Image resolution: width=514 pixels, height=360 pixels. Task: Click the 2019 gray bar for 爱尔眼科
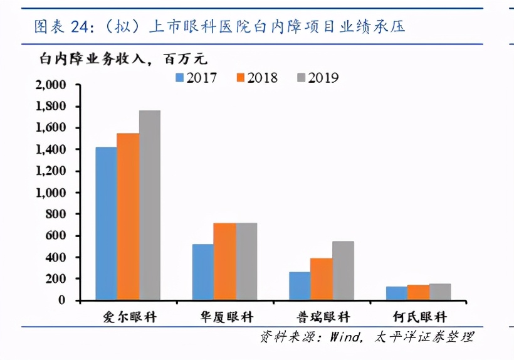click(150, 205)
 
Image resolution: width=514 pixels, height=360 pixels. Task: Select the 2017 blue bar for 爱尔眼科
click(106, 223)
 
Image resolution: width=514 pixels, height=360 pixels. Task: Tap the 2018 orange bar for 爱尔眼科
click(128, 216)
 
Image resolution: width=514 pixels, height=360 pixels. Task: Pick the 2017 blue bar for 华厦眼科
click(203, 272)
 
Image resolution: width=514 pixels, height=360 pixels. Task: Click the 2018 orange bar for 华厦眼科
click(224, 262)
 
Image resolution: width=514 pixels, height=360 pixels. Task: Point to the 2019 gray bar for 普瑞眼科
click(343, 270)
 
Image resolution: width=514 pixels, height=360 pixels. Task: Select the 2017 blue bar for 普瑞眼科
click(300, 285)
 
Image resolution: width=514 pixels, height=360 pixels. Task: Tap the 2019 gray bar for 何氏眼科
click(440, 292)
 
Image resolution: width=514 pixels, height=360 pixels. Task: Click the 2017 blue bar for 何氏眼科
click(397, 293)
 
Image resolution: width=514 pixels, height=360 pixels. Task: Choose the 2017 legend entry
click(196, 78)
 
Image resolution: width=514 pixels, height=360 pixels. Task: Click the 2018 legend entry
click(257, 78)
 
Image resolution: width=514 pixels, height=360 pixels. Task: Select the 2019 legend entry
click(318, 78)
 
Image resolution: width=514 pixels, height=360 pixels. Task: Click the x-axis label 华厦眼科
click(226, 317)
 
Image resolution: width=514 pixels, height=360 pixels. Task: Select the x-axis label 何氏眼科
click(420, 317)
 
